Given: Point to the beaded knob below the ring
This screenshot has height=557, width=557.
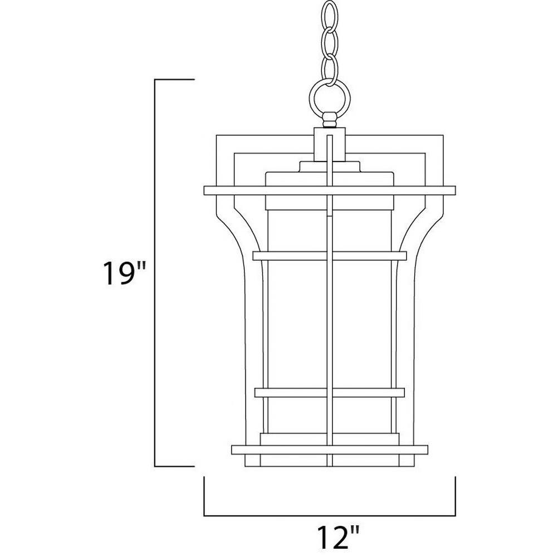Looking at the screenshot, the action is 330,120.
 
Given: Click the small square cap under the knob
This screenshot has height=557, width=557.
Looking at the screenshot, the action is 330,145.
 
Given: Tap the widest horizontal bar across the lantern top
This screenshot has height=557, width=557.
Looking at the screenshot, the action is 330,190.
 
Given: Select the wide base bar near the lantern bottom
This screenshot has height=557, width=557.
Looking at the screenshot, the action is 330,449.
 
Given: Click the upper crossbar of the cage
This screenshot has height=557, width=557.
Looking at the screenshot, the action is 330,256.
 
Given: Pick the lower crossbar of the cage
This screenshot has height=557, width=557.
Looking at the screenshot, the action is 330,393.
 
